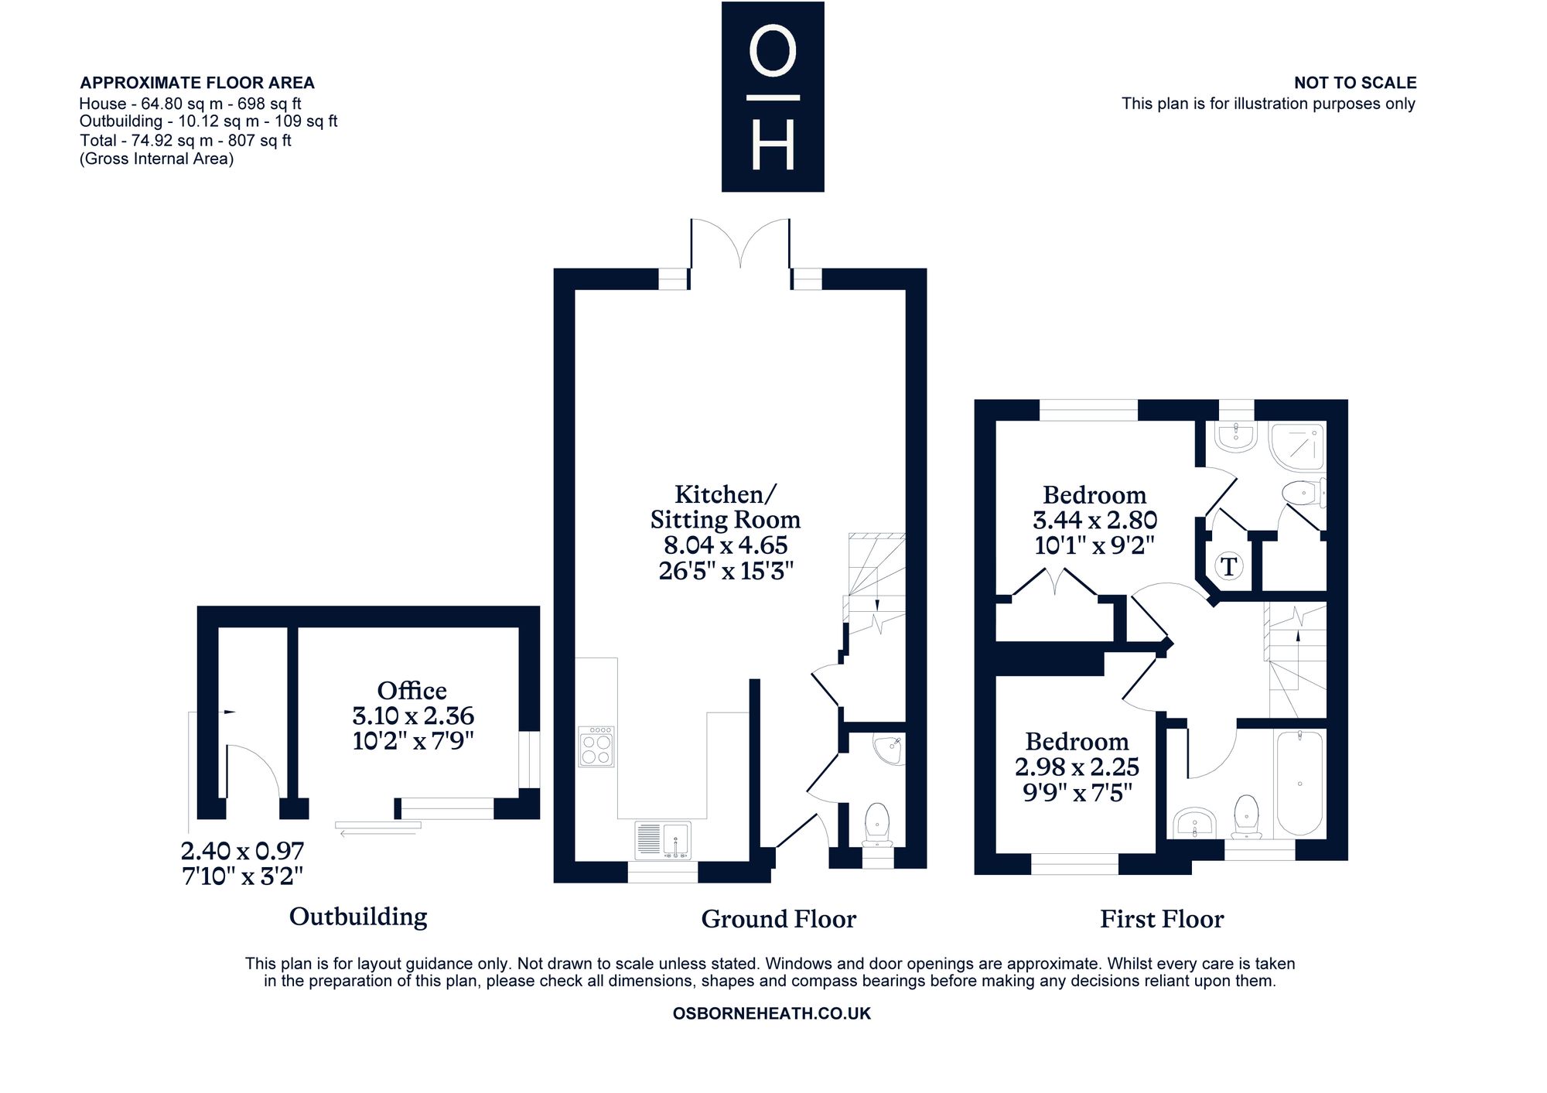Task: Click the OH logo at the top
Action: click(773, 97)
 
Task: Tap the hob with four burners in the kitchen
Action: click(596, 746)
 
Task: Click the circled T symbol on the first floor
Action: click(1228, 565)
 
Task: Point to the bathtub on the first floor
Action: click(1299, 784)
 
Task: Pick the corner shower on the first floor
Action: click(1297, 446)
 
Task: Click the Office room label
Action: click(412, 690)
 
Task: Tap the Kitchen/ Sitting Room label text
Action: click(725, 507)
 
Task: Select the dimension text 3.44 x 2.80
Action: click(1095, 520)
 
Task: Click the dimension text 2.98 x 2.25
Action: click(1077, 767)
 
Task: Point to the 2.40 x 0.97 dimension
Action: click(242, 851)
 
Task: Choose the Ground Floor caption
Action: click(778, 919)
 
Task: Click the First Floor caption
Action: click(1162, 919)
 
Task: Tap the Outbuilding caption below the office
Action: click(358, 917)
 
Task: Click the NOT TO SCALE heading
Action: click(1355, 83)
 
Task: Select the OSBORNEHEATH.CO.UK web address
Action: click(772, 1013)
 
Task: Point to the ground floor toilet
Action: click(877, 826)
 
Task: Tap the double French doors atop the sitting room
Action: click(740, 244)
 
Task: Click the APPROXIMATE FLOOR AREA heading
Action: click(197, 83)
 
